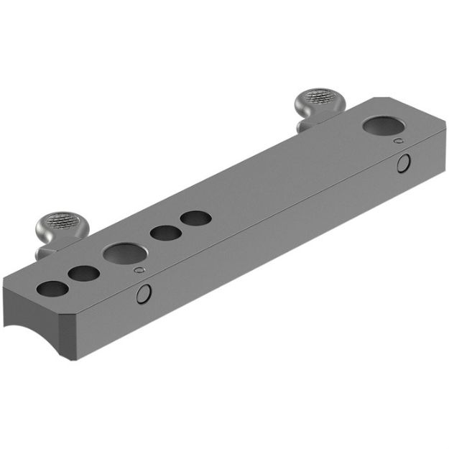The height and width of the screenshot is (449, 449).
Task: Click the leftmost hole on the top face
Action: (x=52, y=289)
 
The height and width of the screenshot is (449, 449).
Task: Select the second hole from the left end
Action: (x=84, y=273)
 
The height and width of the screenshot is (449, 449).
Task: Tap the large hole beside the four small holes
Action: (x=123, y=252)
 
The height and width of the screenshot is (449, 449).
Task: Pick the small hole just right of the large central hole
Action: (x=165, y=232)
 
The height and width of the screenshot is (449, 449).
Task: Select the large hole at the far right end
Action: (x=384, y=126)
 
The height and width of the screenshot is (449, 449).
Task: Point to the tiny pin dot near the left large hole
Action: (x=139, y=270)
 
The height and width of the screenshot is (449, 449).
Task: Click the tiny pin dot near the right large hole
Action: (x=399, y=141)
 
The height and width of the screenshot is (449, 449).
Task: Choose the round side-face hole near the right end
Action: (x=404, y=163)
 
